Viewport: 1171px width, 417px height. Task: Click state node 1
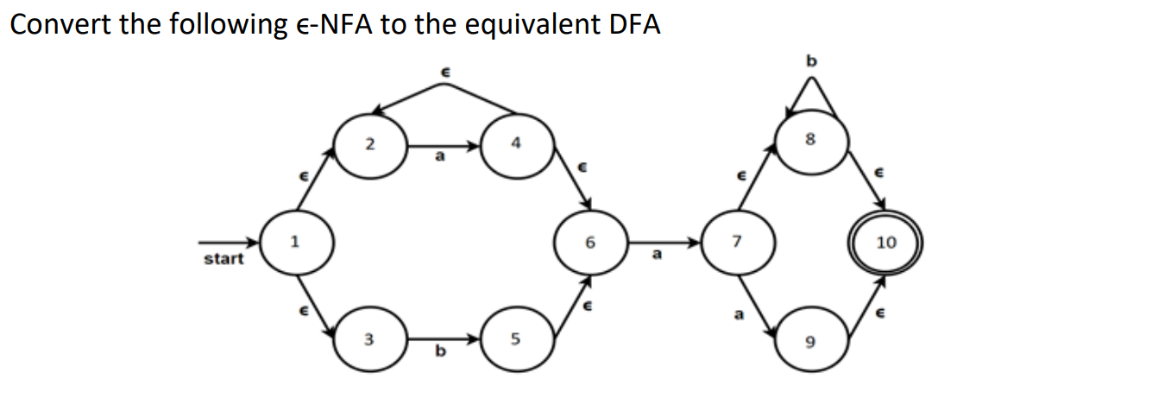(295, 243)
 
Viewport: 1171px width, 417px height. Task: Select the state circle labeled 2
(369, 143)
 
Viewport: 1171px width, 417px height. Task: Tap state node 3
(369, 339)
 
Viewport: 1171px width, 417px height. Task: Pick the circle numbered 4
(515, 143)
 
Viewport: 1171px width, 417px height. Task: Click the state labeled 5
(515, 339)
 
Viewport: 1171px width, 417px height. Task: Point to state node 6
(590, 243)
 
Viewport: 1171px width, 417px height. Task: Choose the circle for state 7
(735, 243)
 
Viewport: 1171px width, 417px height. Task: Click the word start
(223, 258)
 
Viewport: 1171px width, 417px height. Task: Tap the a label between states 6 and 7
(657, 255)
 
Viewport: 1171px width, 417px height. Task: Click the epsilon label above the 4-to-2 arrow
(445, 75)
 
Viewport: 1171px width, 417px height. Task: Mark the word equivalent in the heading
(523, 24)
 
